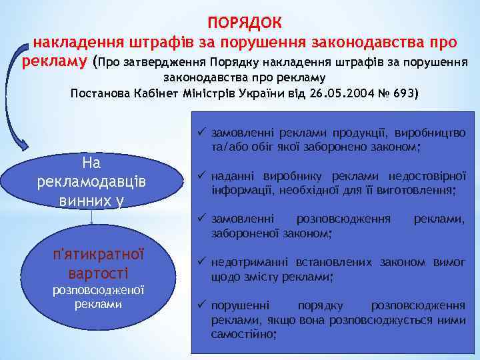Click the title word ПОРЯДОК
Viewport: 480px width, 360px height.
245,22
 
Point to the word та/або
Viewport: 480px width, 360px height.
229,147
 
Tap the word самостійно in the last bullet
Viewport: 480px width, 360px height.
241,333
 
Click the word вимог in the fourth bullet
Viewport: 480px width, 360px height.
450,262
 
